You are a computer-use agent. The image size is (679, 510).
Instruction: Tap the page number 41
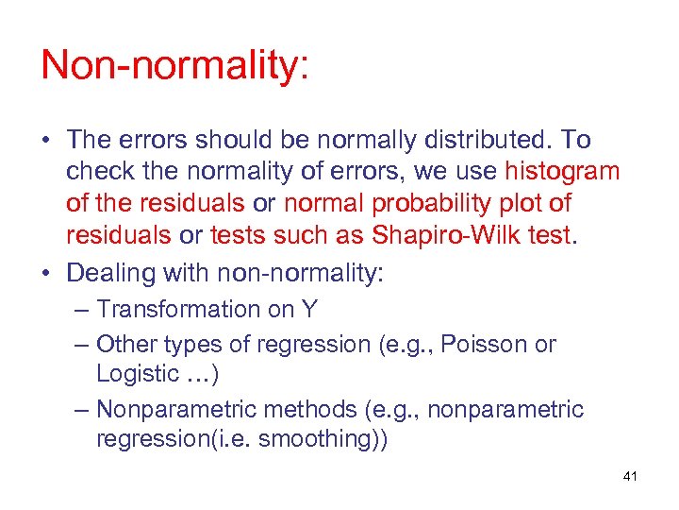pos(630,477)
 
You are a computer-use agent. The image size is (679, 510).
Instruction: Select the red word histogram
pos(562,171)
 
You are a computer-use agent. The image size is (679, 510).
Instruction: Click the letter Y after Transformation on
pos(308,309)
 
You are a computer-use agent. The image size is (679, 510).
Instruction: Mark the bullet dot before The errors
pos(45,141)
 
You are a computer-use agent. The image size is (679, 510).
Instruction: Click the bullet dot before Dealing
pos(45,273)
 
